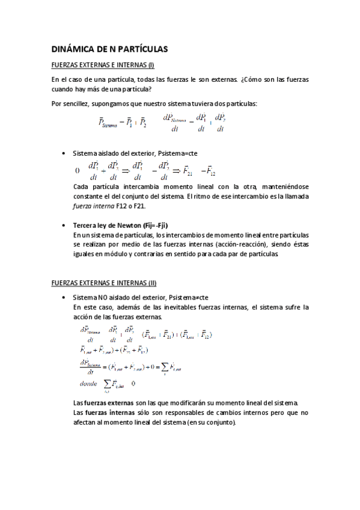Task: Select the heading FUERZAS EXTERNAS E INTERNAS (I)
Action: click(103, 66)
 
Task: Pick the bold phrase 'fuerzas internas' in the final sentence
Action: click(108, 413)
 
